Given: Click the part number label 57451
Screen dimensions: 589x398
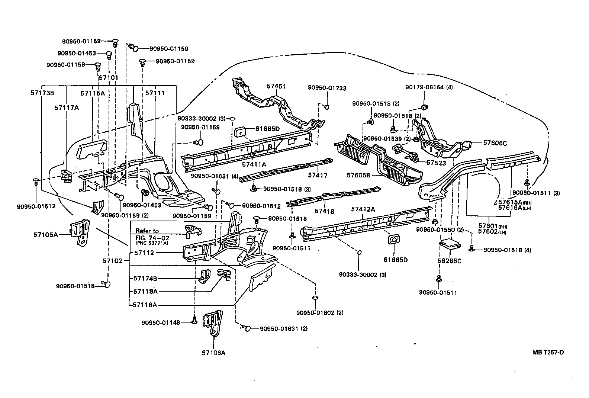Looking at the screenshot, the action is [276, 86].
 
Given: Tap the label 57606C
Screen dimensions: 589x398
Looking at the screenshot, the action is [495, 143].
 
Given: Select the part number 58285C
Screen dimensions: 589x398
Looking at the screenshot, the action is [450, 261].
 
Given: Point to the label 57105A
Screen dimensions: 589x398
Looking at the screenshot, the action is [45, 235].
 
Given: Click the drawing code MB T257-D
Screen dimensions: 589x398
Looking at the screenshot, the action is [548, 352].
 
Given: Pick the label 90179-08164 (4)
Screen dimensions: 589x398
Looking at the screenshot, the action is [429, 87].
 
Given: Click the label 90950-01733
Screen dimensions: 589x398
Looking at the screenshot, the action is [327, 88].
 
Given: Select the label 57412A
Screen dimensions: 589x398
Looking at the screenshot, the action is [363, 209].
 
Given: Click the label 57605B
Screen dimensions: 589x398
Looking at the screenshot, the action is [358, 175].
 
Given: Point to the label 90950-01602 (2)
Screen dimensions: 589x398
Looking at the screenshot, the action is [320, 313].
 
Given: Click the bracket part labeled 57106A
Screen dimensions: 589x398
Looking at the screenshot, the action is [213, 323].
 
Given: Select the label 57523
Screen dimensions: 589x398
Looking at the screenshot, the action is [436, 163].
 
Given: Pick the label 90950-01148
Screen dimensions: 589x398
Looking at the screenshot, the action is [161, 322].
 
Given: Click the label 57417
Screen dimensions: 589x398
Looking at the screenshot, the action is [318, 175].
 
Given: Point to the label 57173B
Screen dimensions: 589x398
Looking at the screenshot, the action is [42, 93].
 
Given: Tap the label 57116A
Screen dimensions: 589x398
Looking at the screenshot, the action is [145, 305].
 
